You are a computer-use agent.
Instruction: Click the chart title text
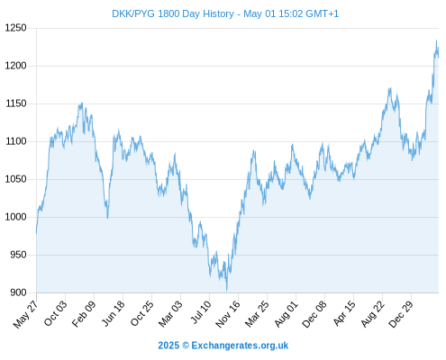(225, 13)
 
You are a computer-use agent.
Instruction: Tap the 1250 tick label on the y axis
(16, 28)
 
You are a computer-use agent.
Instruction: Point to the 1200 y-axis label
(16, 66)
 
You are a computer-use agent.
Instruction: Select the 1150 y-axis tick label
(16, 103)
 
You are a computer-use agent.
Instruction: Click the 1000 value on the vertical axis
(16, 217)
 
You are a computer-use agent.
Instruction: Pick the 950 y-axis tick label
(19, 255)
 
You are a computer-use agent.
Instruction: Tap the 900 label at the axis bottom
(19, 292)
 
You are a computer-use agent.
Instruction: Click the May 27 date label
(26, 314)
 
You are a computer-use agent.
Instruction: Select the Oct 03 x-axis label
(56, 313)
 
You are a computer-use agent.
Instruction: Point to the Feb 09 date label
(85, 313)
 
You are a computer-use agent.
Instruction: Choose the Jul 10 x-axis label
(201, 312)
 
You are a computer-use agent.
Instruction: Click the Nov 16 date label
(228, 314)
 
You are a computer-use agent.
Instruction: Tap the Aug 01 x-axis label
(287, 314)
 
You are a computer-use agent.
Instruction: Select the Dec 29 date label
(401, 314)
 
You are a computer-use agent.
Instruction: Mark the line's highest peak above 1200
(436, 40)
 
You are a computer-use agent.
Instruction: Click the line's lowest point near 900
(227, 290)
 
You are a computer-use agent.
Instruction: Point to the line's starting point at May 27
(37, 233)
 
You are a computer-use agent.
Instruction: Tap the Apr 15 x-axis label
(344, 313)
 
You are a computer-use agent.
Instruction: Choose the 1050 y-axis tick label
(16, 179)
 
